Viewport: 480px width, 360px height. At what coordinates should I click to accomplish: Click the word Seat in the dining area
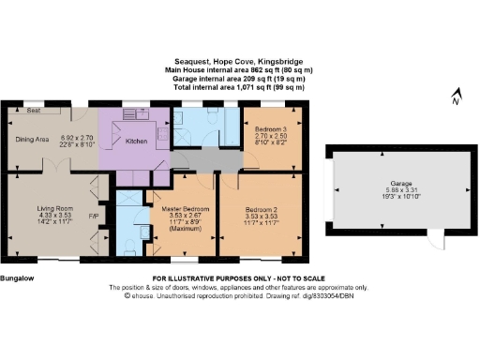point(33,110)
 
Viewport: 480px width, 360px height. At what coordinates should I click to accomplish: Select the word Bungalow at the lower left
point(19,279)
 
